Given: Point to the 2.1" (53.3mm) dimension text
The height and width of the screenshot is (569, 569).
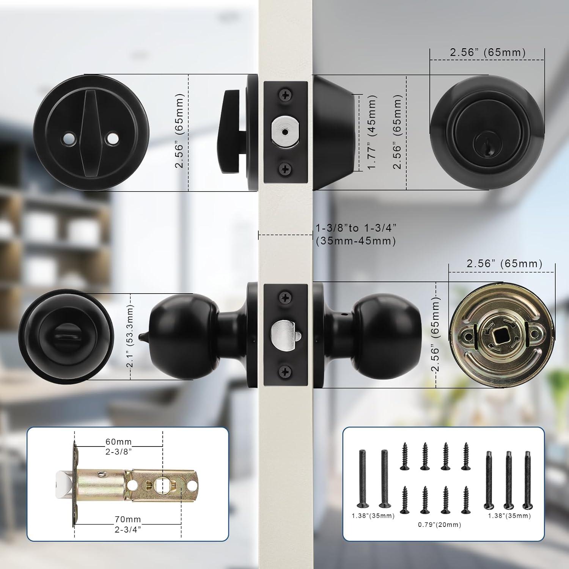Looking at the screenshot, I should (130, 336).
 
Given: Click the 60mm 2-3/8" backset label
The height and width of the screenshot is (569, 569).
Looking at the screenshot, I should (119, 446).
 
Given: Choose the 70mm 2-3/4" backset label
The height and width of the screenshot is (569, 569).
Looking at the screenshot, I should (128, 524).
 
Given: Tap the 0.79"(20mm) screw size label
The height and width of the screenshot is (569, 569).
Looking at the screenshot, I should (440, 525).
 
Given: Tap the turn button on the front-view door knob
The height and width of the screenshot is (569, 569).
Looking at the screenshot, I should (65, 336).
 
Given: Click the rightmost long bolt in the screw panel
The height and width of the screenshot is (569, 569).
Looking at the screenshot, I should (527, 479).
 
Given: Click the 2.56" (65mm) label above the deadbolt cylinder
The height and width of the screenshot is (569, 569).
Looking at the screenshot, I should (488, 52).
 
